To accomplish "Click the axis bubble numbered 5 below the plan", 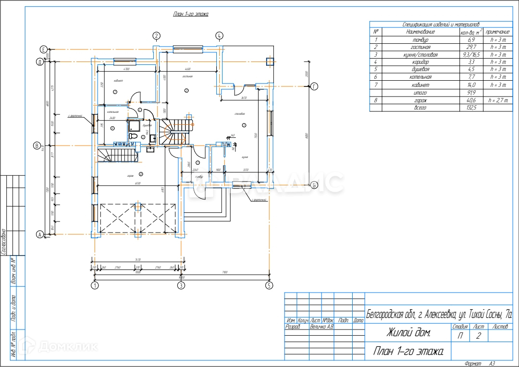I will [269, 285].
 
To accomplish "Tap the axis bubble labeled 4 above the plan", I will [219, 35].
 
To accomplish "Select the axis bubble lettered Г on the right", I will [314, 86].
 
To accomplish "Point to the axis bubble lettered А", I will [40, 234].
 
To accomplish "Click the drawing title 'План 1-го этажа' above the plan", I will [191, 14].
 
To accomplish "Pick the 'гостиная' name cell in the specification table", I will [420, 47].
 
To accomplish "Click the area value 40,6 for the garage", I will [471, 100].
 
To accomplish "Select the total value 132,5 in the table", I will [471, 108].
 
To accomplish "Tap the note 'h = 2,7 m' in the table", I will [498, 100].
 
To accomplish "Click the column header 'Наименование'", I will [420, 32].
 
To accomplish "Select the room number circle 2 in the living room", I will [186, 90].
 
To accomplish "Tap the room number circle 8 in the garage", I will [141, 174].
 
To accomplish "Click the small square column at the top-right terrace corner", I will [270, 61].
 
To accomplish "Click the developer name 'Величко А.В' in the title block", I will [321, 327].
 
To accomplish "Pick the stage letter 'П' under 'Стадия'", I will [460, 336].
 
